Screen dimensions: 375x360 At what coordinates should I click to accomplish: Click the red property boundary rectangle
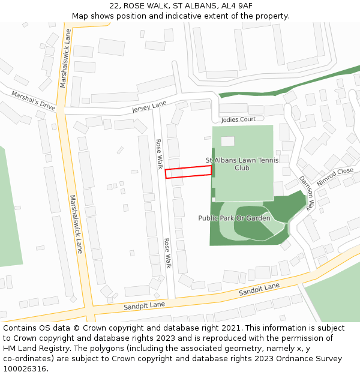(188, 172)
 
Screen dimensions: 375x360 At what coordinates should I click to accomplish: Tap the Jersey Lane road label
(149, 107)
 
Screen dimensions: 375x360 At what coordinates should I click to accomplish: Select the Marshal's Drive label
(33, 100)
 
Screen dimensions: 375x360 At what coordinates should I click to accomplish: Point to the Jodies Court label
(238, 119)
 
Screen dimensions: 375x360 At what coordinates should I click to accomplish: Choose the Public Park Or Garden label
(234, 218)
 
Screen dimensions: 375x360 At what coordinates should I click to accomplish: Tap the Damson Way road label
(306, 192)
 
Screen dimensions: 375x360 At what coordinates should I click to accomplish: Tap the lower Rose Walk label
(167, 253)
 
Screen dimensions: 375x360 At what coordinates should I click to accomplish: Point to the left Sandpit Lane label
(144, 305)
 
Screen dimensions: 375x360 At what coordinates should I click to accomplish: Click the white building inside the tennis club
(227, 141)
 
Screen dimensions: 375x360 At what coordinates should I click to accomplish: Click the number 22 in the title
(115, 5)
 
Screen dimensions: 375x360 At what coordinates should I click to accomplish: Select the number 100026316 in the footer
(25, 369)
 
